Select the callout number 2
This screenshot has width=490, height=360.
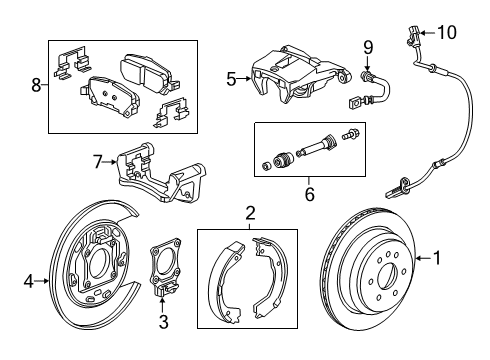pyautogui.click(x=249, y=212)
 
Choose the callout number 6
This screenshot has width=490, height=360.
pyautogui.click(x=309, y=194)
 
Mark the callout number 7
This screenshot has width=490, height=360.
pyautogui.click(x=97, y=160)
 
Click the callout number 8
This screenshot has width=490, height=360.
pyautogui.click(x=37, y=86)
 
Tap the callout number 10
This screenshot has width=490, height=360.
pyautogui.click(x=447, y=32)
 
